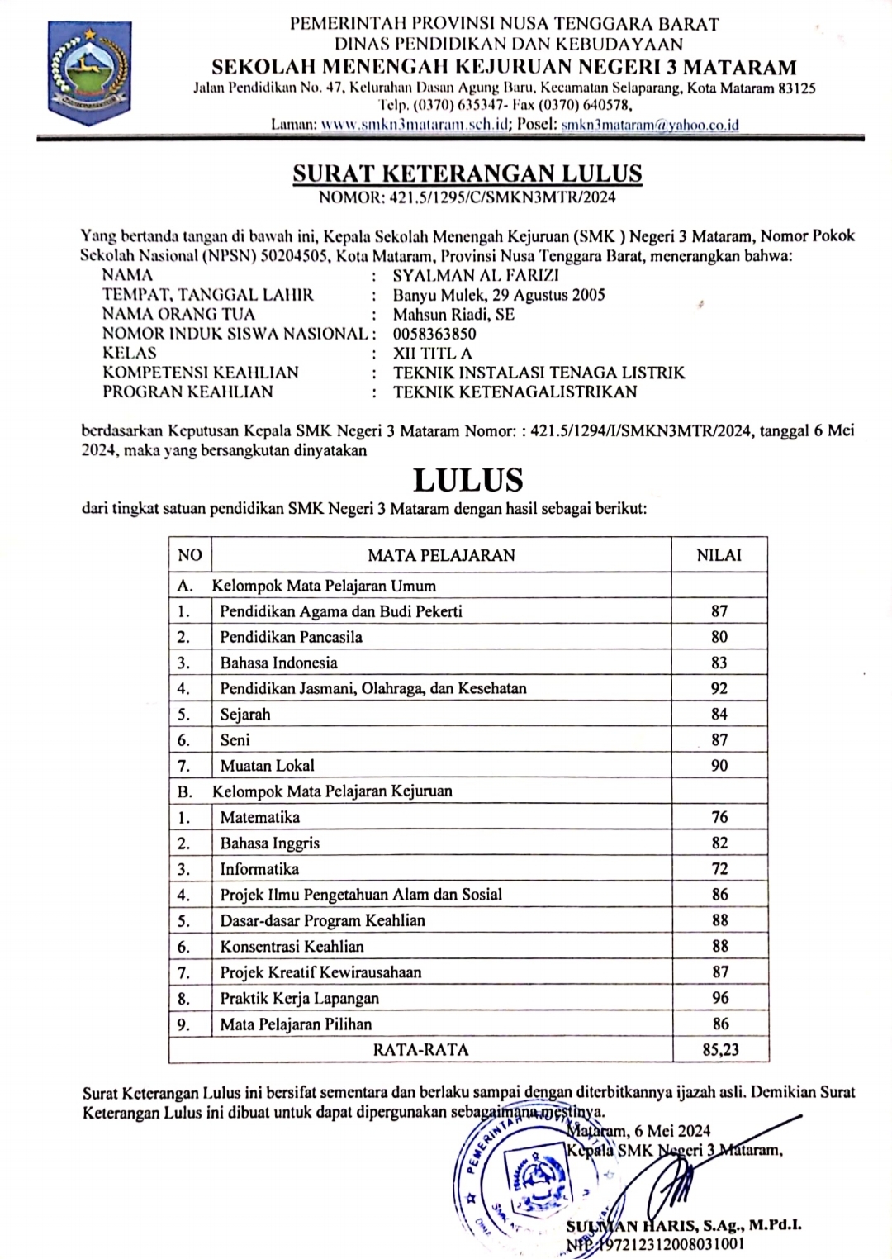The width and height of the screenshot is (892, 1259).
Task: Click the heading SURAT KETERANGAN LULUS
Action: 467,173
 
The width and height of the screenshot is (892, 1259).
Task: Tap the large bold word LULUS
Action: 467,480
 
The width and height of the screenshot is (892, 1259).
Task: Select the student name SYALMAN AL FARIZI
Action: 476,275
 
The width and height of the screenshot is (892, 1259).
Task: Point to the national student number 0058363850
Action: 434,334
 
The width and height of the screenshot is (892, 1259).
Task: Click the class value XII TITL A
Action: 433,354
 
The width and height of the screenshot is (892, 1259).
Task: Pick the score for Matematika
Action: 719,817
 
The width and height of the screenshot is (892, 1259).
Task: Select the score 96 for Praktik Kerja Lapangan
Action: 720,998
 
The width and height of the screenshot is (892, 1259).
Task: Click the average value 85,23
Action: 719,1050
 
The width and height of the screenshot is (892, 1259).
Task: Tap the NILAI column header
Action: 719,555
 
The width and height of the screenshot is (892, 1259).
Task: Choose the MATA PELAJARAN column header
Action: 441,555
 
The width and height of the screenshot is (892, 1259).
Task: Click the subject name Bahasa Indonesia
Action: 278,663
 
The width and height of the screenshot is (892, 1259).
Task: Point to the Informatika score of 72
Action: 719,869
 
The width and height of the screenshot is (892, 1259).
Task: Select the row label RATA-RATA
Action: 420,1050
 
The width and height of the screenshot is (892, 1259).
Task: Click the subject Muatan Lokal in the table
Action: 267,766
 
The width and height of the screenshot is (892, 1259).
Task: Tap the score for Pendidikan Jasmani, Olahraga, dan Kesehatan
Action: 719,688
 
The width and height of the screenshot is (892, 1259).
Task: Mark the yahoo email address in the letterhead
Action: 650,125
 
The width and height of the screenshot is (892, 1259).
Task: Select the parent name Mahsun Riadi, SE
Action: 453,314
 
